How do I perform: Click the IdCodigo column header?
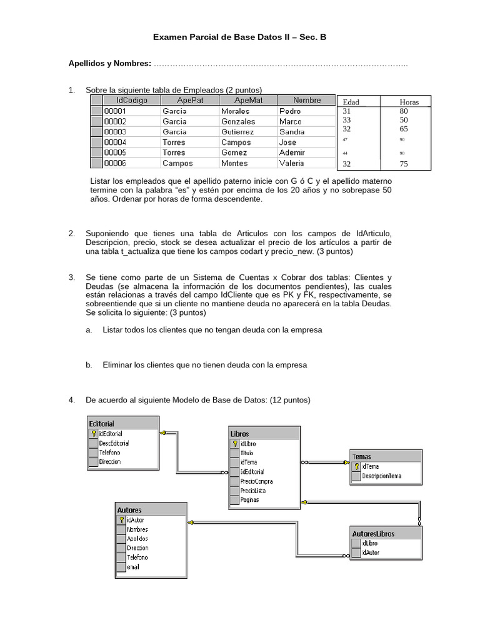point(131,101)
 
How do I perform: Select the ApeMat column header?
point(247,101)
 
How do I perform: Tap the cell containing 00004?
point(115,142)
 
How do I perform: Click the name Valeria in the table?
point(292,163)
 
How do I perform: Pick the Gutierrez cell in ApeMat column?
point(238,132)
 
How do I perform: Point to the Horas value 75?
point(404,164)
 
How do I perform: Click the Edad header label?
point(351,102)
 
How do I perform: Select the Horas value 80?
point(404,111)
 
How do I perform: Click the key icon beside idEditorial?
point(94,433)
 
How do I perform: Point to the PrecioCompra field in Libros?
point(256,481)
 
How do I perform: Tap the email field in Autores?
point(132,567)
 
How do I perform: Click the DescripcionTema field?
point(381,476)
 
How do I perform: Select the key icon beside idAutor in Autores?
point(121,519)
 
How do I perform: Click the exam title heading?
point(240,37)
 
